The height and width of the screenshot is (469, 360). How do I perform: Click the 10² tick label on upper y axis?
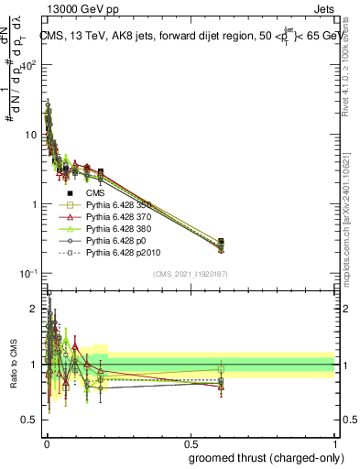point(30,66)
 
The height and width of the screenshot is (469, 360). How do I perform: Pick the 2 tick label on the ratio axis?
point(34,307)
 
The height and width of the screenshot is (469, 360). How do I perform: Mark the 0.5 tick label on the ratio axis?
point(30,422)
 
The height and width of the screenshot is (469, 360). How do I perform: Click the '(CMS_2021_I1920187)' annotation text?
point(190,275)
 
